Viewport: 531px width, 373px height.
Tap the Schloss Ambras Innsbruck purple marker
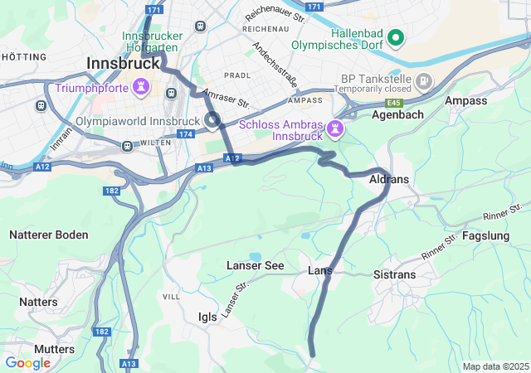coord(335,128)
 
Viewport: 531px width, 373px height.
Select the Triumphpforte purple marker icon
coord(142,86)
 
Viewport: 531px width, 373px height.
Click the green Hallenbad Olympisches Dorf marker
coord(396,37)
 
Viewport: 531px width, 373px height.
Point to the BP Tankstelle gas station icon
coord(425,80)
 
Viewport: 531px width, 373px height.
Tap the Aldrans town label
coord(389,179)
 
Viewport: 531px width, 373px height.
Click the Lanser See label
coord(255,265)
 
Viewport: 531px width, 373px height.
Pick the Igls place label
coord(207,316)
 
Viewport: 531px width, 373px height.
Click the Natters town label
coord(38,302)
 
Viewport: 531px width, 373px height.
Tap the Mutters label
coord(55,349)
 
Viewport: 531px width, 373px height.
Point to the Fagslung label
coord(487,235)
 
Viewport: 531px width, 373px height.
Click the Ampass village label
coord(465,100)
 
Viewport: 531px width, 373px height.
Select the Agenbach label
coord(397,114)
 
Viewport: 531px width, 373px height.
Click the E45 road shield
coord(394,103)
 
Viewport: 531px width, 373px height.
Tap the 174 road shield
coord(185,133)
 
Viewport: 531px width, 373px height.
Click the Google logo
coord(27,363)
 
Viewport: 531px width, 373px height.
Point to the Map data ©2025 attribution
coord(495,366)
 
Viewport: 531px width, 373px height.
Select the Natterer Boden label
coord(48,235)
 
